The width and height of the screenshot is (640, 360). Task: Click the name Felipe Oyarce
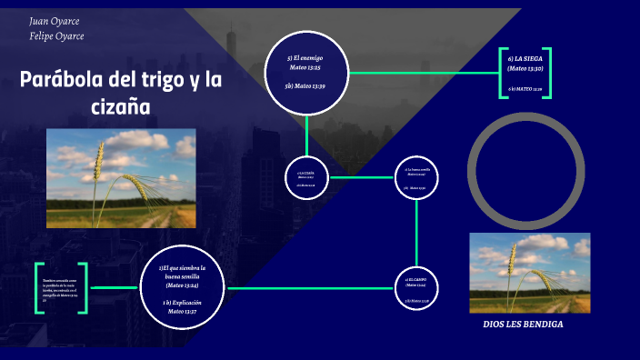pos(57,36)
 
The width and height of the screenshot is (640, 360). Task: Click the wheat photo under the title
pos(121,178)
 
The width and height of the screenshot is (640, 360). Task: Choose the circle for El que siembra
pos(182,287)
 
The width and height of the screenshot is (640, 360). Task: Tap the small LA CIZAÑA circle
pos(305,177)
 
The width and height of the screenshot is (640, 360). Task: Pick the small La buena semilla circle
pos(416,177)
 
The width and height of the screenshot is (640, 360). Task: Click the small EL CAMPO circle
pos(416,288)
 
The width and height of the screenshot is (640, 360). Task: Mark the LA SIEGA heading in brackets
pos(525,64)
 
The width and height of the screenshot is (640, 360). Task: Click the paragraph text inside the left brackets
pos(61,288)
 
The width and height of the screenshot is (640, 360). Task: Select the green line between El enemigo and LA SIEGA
pos(424,72)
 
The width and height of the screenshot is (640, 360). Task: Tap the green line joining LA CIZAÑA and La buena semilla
pos(361,177)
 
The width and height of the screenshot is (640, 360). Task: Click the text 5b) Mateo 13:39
pos(305,85)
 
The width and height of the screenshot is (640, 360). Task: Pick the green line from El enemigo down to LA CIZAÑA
pos(306,136)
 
